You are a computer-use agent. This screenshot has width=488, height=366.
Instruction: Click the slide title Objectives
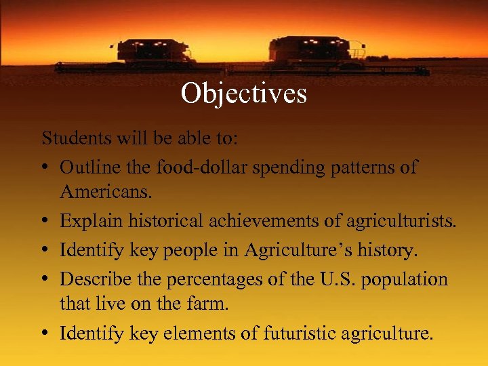click(243, 94)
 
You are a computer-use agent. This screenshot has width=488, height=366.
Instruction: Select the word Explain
click(86, 221)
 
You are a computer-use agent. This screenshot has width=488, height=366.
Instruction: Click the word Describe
click(94, 279)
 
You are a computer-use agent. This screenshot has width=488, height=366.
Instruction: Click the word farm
click(210, 304)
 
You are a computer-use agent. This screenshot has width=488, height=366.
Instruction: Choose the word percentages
click(203, 279)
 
